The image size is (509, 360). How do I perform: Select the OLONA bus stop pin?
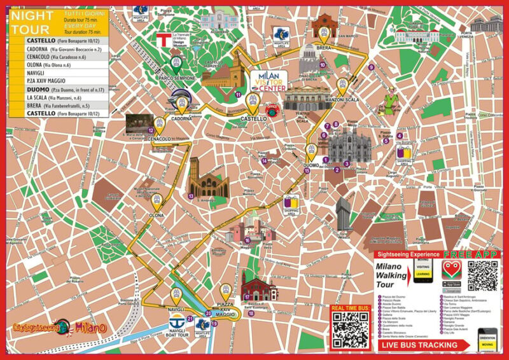pos(157,201)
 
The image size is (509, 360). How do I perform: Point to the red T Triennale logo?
pos(164,39)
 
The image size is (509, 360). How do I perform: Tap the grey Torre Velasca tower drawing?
pos(343,213)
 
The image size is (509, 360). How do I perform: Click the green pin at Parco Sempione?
pos(176,62)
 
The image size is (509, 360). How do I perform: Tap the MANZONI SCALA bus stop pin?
pos(342,85)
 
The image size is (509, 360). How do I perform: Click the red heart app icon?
pos(450,268)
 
